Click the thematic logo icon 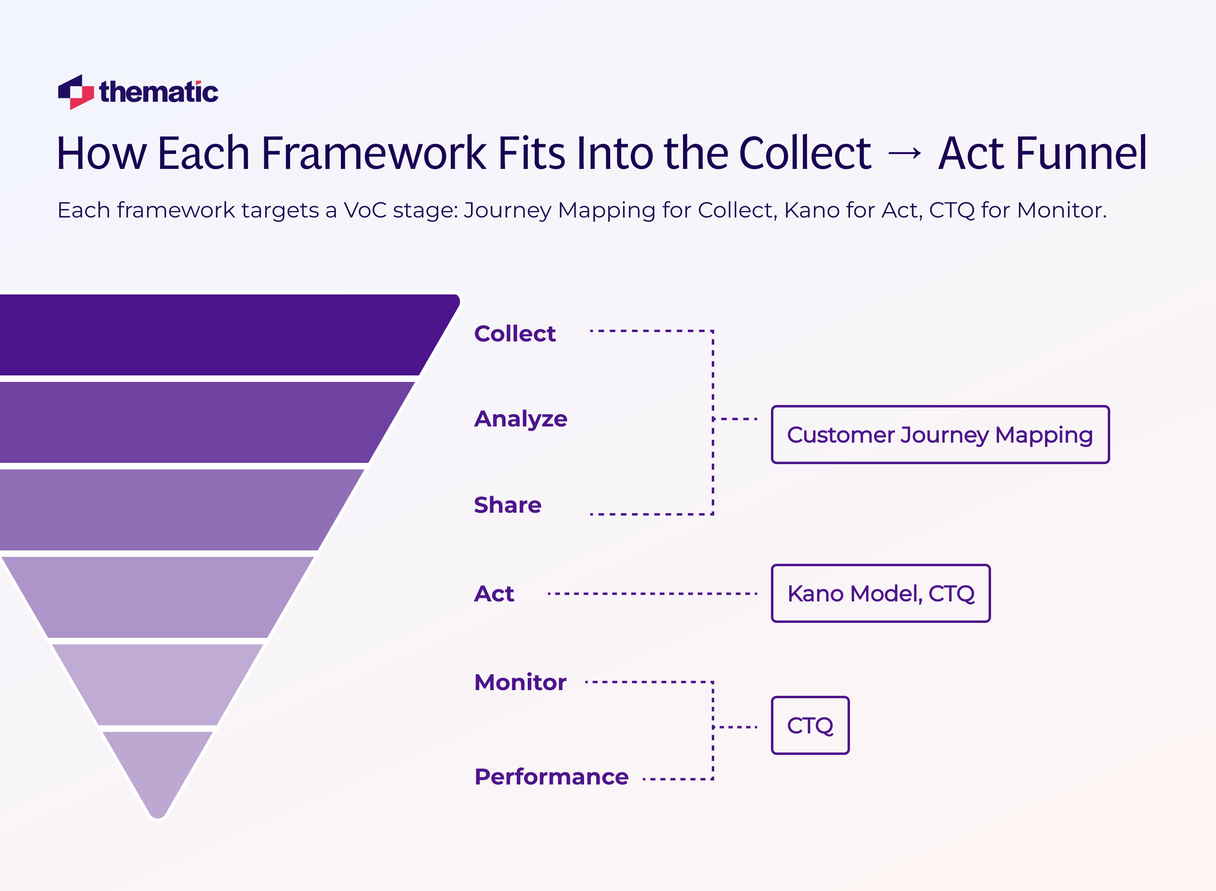76,92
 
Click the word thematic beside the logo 158,92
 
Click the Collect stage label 514,334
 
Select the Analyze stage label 520,419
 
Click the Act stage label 494,594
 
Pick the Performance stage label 551,777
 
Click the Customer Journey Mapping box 940,435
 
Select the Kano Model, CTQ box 880,594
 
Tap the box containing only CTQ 809,725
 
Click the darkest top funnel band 216,335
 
